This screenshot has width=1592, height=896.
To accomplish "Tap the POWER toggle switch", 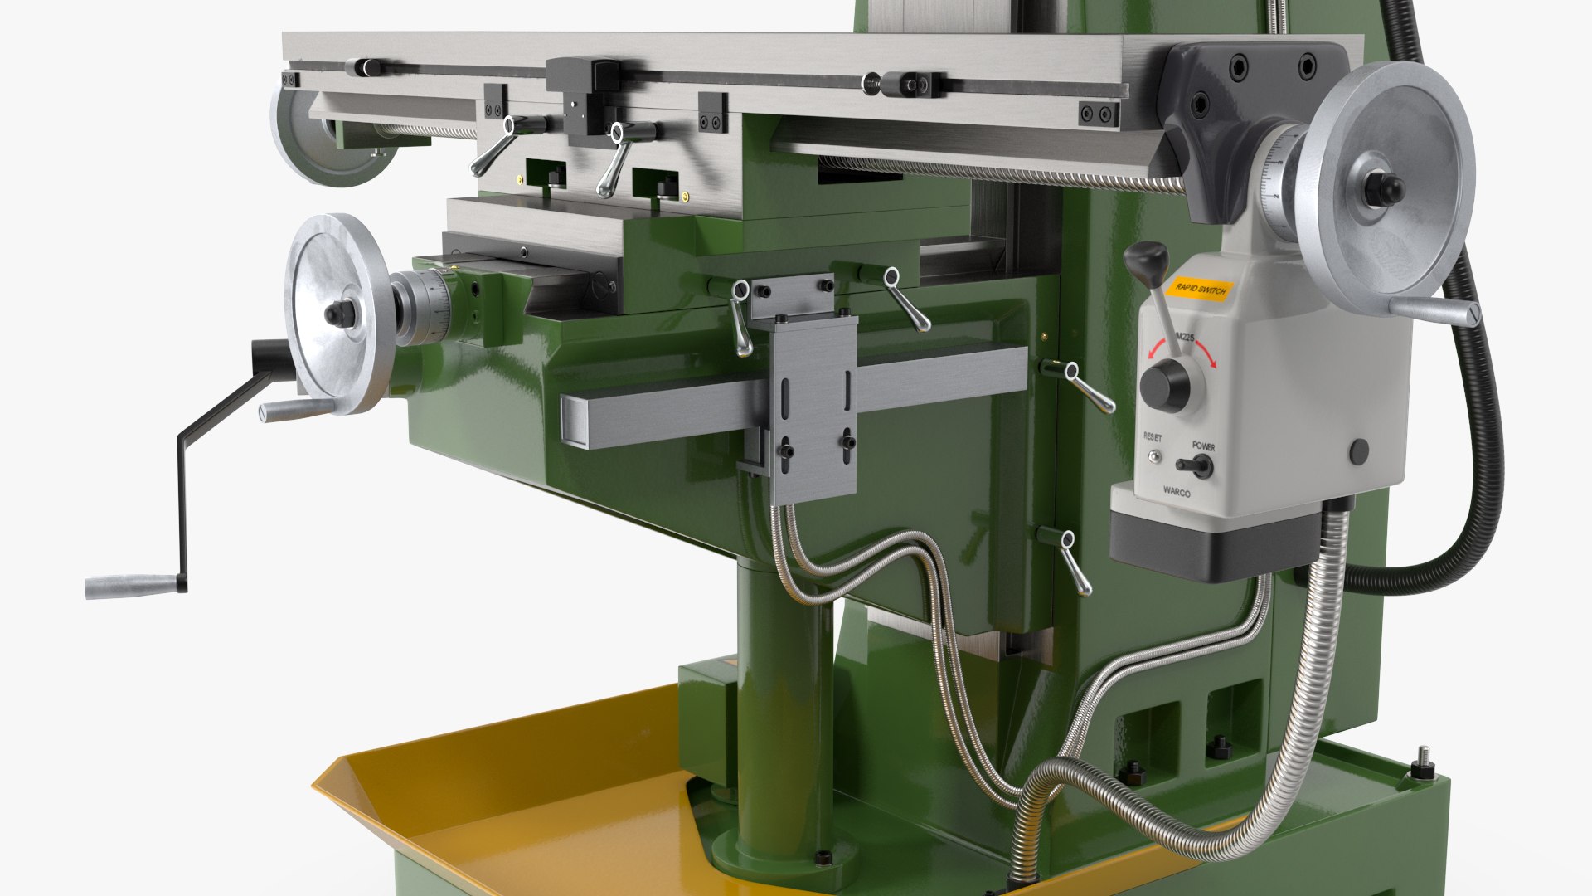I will (1196, 466).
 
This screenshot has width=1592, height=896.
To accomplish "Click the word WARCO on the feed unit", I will (1176, 492).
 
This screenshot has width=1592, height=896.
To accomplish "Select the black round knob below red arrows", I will (1164, 385).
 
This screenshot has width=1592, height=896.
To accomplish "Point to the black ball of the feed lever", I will (1146, 259).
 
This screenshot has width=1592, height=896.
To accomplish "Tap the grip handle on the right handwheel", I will (1434, 311).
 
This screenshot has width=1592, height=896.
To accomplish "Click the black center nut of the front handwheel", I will (340, 313).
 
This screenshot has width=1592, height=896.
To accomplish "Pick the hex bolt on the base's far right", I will (1423, 767).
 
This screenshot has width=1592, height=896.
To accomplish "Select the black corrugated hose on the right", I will (1484, 431).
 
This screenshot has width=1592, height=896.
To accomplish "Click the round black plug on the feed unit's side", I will (1358, 452).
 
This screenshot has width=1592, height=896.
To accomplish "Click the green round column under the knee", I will (784, 705).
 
